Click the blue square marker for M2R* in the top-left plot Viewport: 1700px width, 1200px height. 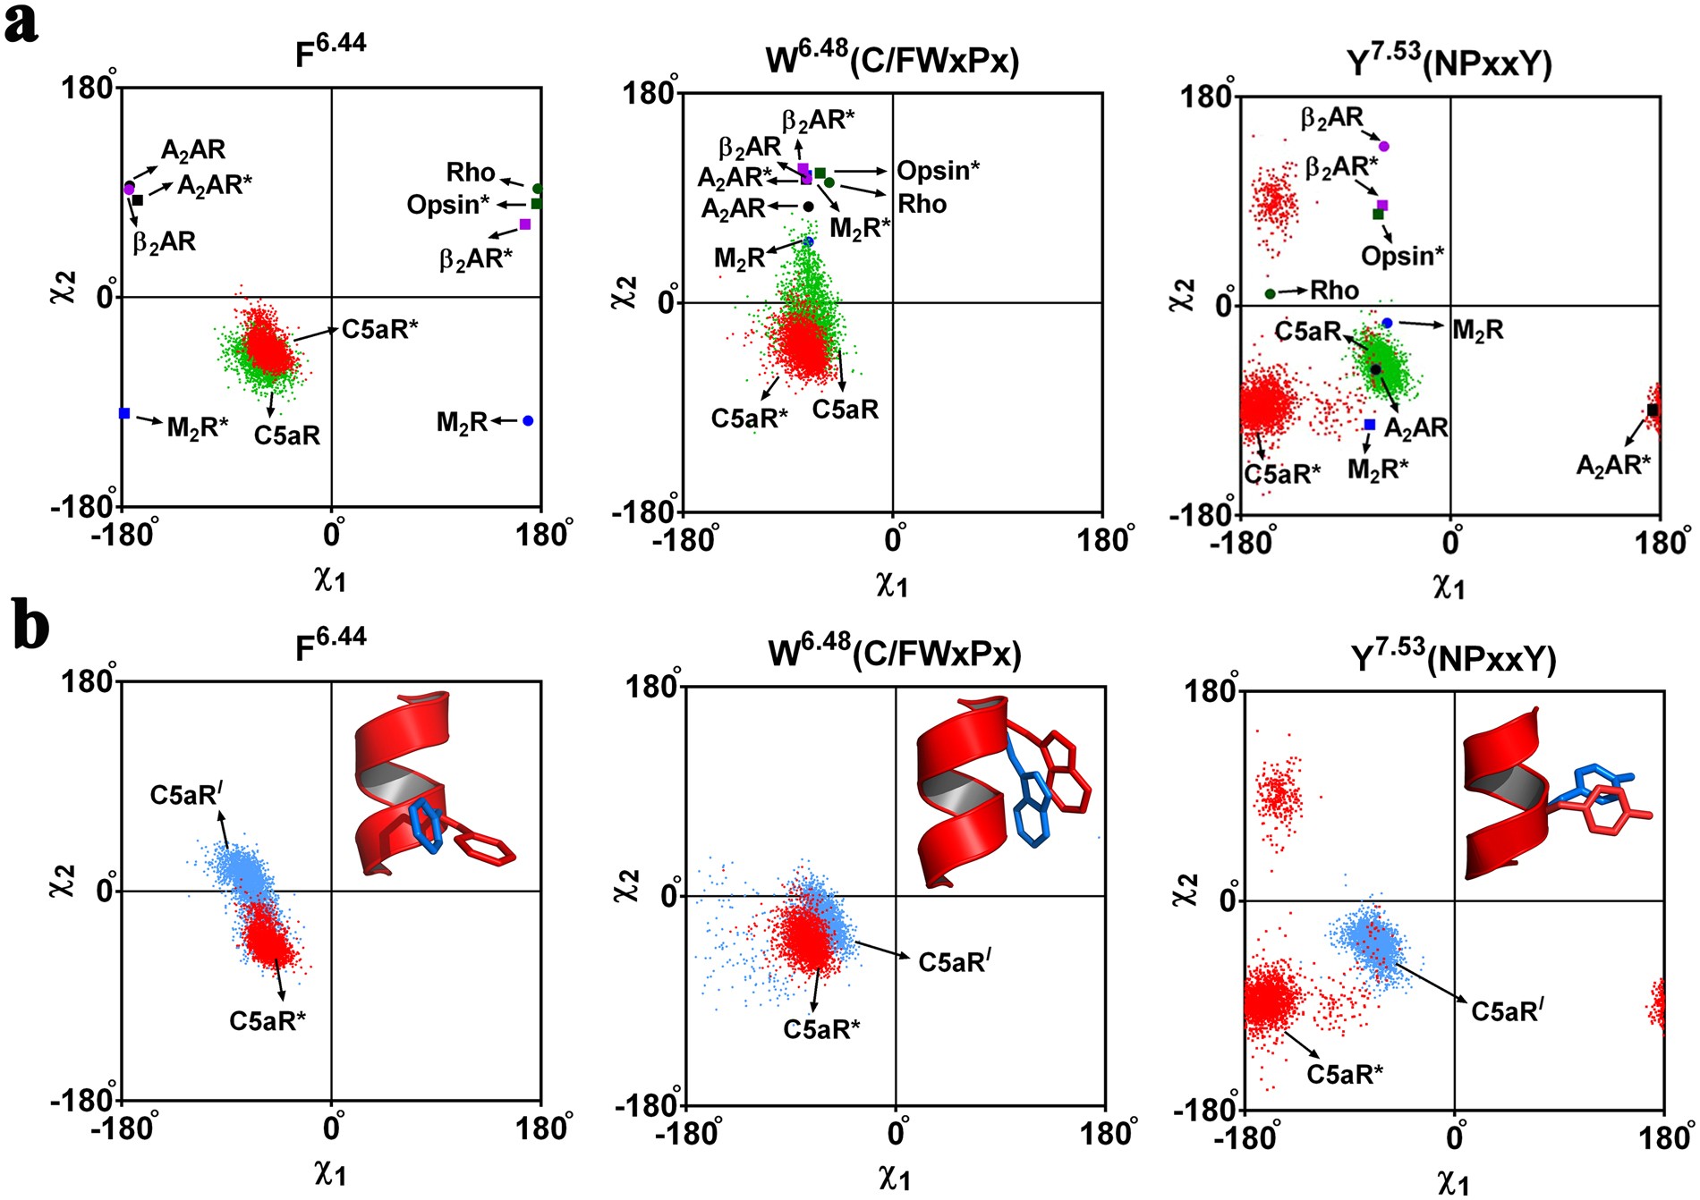pos(124,413)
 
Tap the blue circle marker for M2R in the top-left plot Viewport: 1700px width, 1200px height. pos(528,420)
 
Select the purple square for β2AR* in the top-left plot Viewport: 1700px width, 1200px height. pos(525,224)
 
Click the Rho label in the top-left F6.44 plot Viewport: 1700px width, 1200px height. pos(471,172)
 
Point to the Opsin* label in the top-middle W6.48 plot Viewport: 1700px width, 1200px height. pos(938,170)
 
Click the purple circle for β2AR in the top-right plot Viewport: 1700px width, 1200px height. pos(1384,146)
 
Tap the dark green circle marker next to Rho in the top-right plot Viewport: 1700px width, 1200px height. pos(1271,293)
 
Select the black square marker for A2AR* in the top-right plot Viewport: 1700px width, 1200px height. pos(1653,410)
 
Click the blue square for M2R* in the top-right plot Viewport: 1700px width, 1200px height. pos(1369,425)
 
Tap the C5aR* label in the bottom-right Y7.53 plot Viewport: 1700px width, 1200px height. pos(1345,1073)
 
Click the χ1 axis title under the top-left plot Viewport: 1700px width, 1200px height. pos(330,579)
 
